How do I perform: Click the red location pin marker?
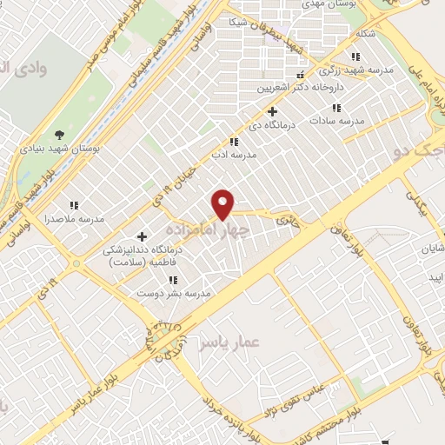(x=224, y=204)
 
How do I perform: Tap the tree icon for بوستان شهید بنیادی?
(x=59, y=134)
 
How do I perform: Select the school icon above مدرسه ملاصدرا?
(x=74, y=205)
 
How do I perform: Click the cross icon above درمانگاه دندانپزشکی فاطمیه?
(x=142, y=236)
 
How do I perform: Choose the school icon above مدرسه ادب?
(x=233, y=142)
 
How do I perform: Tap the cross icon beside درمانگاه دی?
(x=273, y=111)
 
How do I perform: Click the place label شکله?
(x=366, y=35)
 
